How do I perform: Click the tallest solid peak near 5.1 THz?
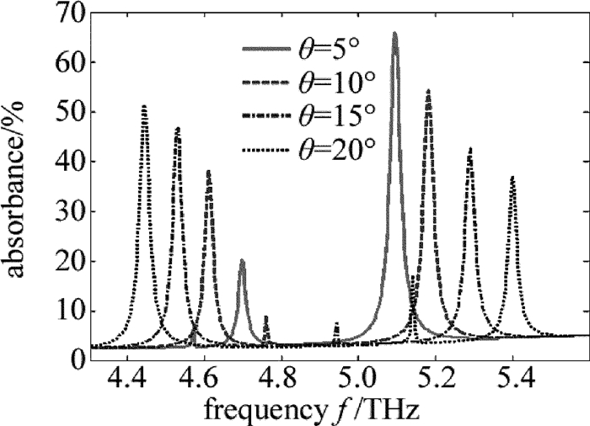[394, 34]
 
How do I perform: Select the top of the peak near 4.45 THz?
[144, 106]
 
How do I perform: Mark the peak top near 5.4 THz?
[512, 177]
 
